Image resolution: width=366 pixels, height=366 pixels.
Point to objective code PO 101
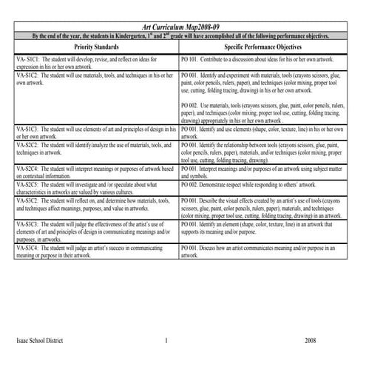tap(192, 57)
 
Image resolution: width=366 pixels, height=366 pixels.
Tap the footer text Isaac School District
tap(39, 341)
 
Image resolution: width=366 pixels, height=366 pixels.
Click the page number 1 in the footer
tap(167, 341)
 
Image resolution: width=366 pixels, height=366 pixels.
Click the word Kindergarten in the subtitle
tap(138, 35)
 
